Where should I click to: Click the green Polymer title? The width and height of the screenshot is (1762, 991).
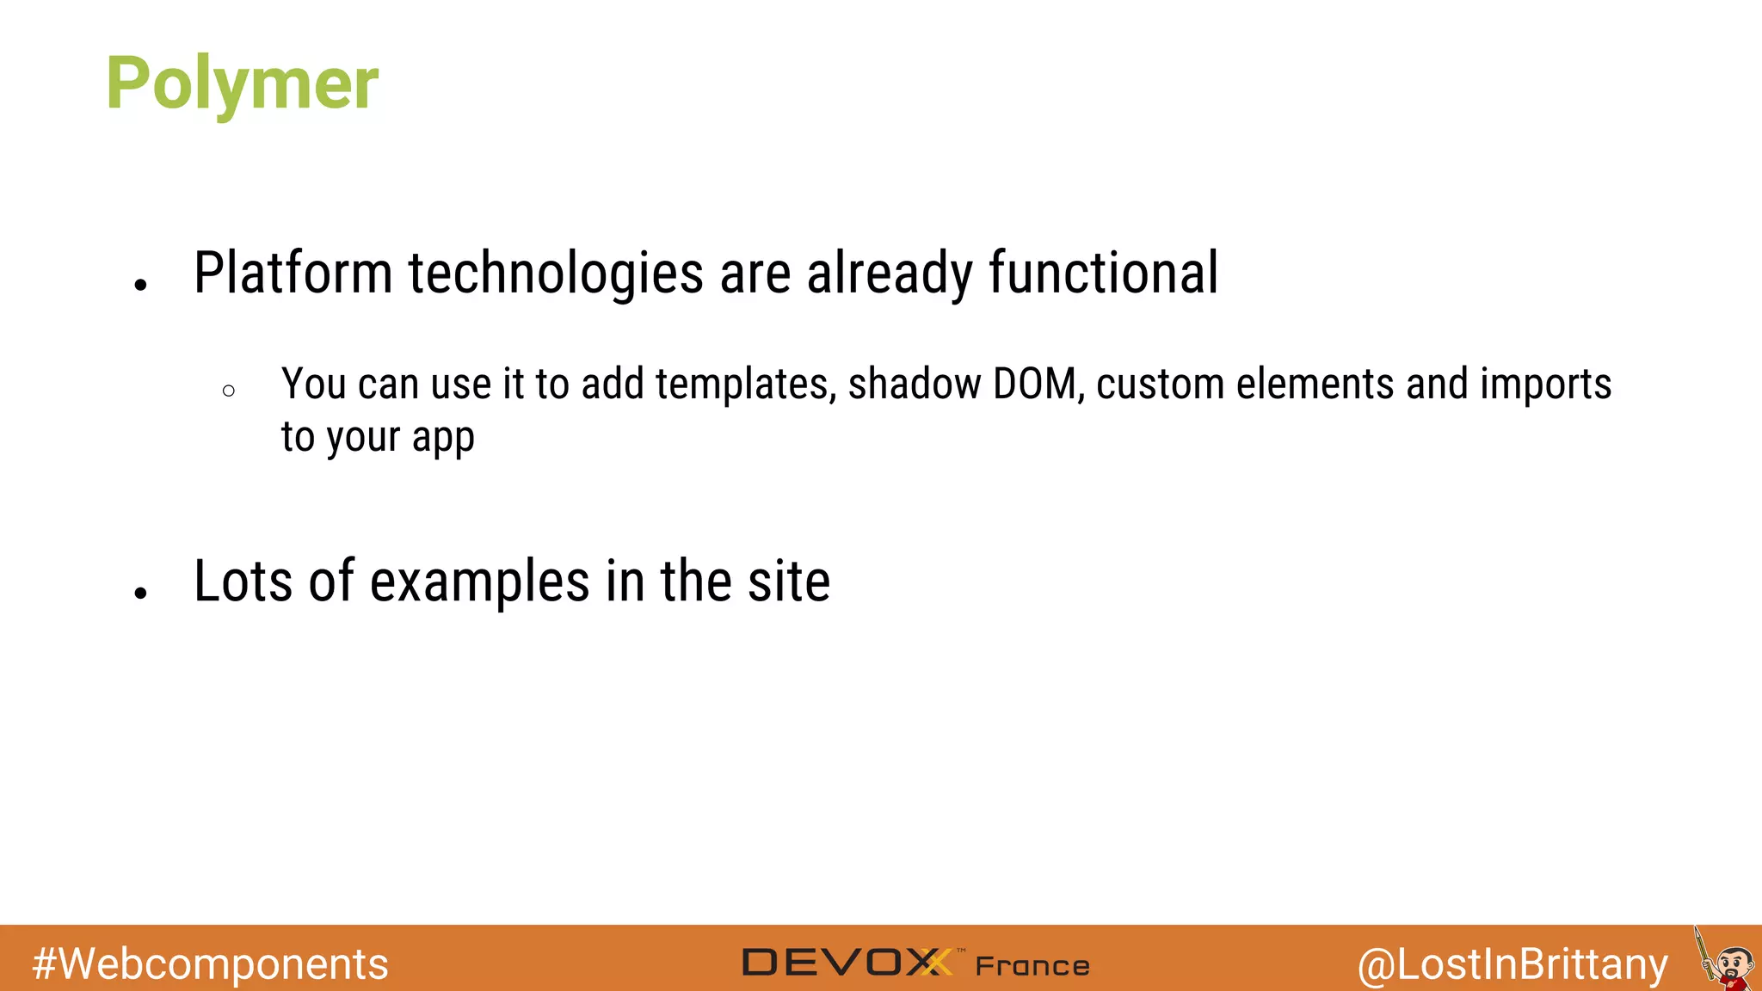click(242, 83)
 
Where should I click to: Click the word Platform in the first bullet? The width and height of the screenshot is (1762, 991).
click(293, 274)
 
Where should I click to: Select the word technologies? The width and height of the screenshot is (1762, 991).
click(556, 274)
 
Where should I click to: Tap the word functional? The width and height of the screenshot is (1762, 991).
click(1103, 274)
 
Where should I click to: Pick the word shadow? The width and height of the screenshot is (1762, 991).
click(914, 385)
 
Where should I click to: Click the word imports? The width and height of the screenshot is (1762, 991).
click(1545, 385)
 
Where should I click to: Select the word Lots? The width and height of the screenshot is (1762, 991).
click(243, 582)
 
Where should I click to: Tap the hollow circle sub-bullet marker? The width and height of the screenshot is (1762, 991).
click(228, 391)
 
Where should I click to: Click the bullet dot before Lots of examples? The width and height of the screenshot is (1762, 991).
click(141, 593)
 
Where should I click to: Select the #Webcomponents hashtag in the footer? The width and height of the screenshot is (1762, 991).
click(210, 963)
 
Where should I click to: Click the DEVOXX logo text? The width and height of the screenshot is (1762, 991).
click(847, 963)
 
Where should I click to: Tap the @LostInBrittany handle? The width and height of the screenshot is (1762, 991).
click(1512, 963)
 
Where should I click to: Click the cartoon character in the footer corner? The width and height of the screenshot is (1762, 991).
click(1728, 962)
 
